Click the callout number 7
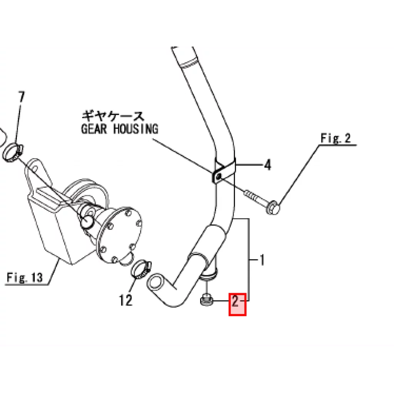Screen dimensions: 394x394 [22, 97]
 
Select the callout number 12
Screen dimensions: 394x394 [125, 300]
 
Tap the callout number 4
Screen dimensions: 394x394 [268, 165]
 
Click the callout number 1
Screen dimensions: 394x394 [262, 260]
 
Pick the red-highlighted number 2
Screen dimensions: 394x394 [235, 301]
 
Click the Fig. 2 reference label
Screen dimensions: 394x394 [336, 138]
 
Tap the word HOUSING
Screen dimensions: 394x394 [136, 129]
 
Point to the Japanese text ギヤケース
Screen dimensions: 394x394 [113, 116]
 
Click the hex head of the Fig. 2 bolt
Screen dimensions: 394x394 [273, 207]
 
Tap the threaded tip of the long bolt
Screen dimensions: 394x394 [248, 193]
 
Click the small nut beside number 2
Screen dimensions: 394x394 [207, 300]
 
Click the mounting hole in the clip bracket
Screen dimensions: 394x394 [219, 177]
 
